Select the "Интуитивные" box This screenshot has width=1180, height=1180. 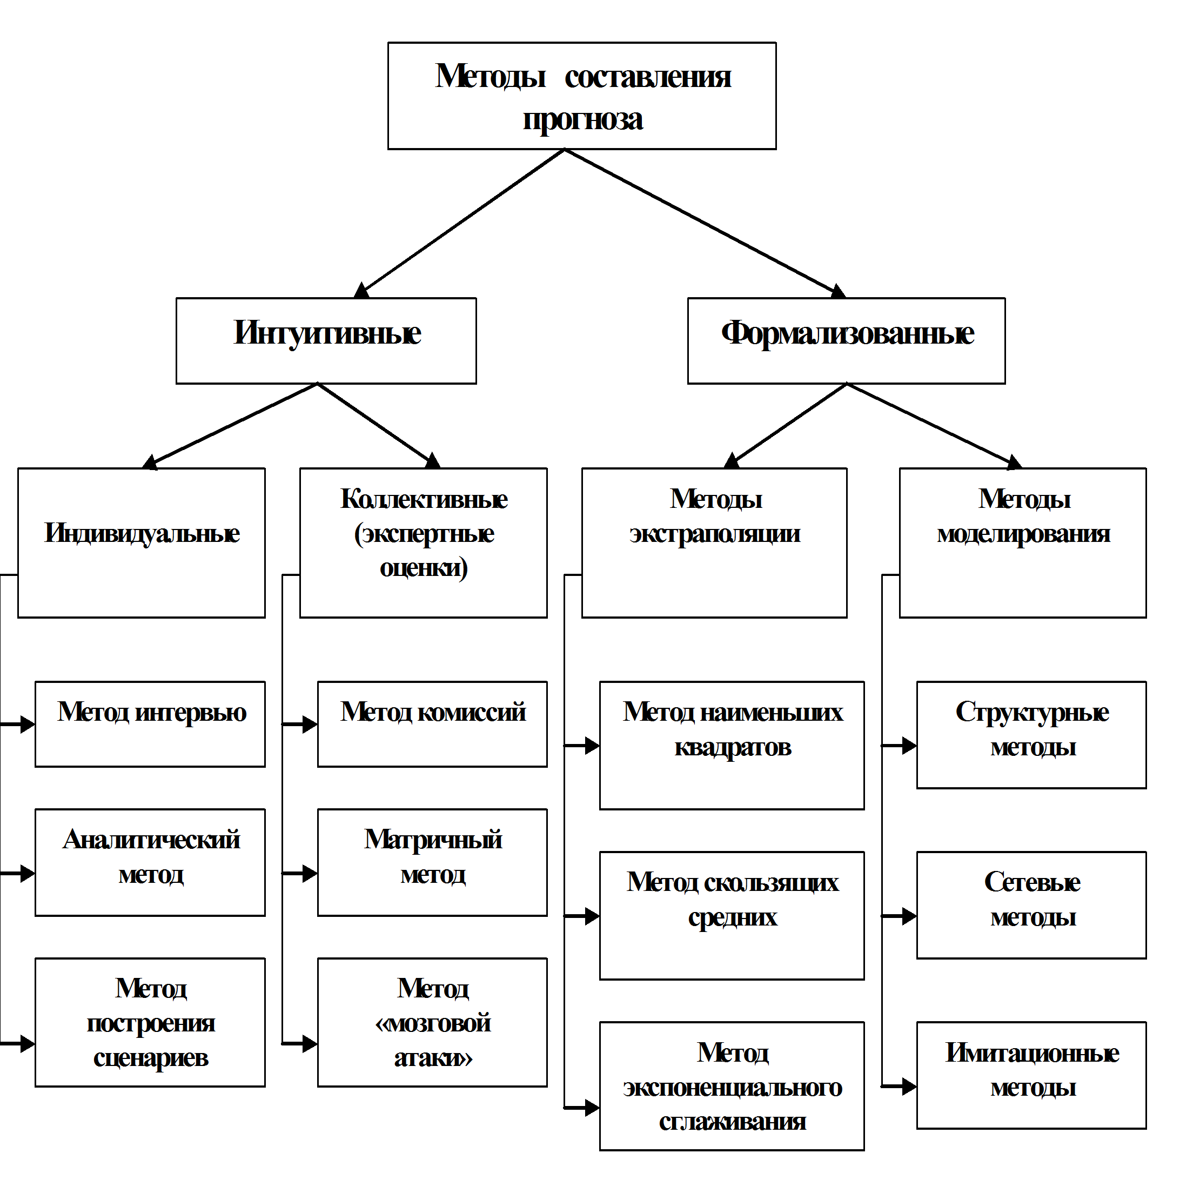[326, 340]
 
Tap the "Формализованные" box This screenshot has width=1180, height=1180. [846, 340]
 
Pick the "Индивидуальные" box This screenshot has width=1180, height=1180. [141, 542]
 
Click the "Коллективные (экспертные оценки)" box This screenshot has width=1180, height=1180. [423, 542]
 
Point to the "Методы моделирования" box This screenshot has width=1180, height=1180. [1022, 542]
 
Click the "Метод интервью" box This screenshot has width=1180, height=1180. [150, 724]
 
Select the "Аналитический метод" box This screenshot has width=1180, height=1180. [150, 862]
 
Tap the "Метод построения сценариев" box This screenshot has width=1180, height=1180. [150, 1022]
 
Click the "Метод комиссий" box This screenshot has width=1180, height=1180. [432, 724]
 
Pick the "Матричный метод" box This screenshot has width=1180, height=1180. [432, 862]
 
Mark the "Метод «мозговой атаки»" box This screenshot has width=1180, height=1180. [432, 1022]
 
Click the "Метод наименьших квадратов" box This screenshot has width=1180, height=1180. [732, 745]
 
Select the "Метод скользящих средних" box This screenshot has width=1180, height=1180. [732, 916]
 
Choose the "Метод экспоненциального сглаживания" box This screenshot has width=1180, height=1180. [732, 1086]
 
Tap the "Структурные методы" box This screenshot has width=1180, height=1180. [1031, 735]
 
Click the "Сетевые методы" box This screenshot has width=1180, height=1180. [1031, 904]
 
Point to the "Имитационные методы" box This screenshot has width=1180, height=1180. [1031, 1075]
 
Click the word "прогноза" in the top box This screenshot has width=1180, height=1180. [582, 120]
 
